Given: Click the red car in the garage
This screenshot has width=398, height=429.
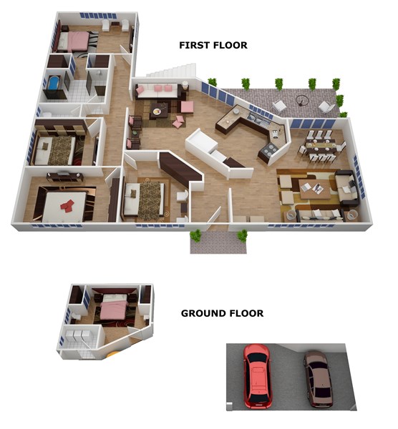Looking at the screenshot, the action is point(257,376).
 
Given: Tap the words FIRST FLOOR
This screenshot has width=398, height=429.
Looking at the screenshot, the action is point(213,45).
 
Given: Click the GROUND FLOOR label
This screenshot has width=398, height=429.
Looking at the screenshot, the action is point(222,313).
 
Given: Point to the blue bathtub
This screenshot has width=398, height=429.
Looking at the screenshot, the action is point(54,82).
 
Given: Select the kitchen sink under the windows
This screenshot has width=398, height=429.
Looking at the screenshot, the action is point(256,119).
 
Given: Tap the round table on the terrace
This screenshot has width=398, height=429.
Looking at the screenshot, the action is point(302,101).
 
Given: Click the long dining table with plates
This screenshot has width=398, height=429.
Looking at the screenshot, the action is point(320,145).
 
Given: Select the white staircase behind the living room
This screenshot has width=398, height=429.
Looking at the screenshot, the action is point(173,70).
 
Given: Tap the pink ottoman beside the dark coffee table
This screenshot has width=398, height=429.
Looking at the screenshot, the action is point(187,107).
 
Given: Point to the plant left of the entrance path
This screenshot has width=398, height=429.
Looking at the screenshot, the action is point(195,235).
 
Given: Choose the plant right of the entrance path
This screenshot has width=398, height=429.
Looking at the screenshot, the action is point(242,235).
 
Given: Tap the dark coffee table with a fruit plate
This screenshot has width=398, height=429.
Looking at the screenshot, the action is point(159,111).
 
